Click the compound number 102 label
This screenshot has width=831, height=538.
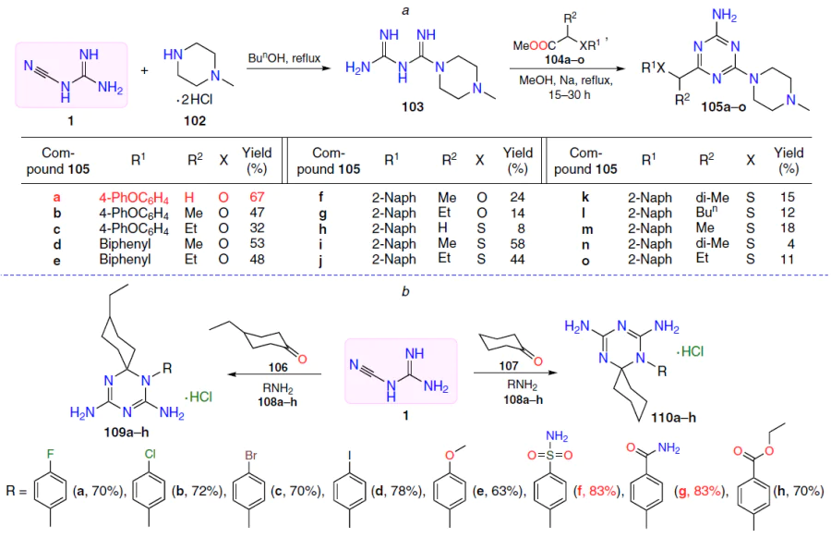[x=195, y=121]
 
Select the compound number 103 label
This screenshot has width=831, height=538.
[x=413, y=107]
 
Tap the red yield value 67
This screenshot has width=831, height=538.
[x=257, y=198]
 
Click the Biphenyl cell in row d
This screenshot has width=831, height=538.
[x=125, y=244]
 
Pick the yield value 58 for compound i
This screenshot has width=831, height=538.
[x=517, y=244]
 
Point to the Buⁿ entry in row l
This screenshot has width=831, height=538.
[x=706, y=213]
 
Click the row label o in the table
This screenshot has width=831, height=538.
[x=585, y=261]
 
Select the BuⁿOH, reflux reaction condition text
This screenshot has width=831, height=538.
[x=284, y=58]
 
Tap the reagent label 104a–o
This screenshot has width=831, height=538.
[x=564, y=60]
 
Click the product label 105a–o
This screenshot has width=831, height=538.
[x=723, y=107]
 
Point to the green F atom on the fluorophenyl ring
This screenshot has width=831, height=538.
[x=51, y=454]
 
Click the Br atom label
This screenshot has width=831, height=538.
[x=250, y=455]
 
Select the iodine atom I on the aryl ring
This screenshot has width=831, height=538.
[x=349, y=455]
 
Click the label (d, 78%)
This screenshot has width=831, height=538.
[x=398, y=491]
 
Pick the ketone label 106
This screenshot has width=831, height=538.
[x=278, y=367]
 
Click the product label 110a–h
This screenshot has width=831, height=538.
[x=674, y=418]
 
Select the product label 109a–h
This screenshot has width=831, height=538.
[x=126, y=433]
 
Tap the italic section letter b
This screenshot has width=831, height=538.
[x=405, y=291]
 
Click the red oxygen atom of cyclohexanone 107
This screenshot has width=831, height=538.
[x=538, y=361]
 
